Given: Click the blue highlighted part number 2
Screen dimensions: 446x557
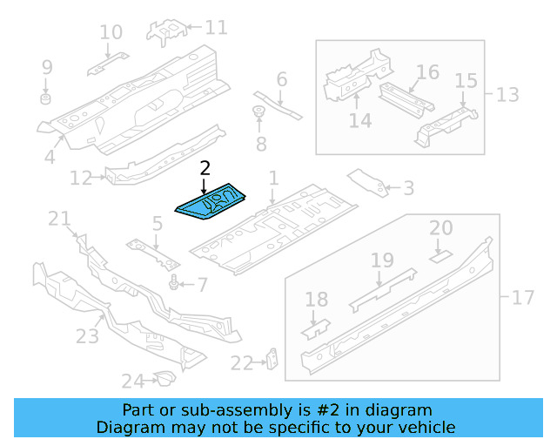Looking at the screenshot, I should tap(211, 204).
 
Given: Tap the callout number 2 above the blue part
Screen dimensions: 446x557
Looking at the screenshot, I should tap(205, 168).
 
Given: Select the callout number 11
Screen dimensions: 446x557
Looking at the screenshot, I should tap(215, 28).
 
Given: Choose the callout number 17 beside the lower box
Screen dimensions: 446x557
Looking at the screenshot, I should tap(522, 298).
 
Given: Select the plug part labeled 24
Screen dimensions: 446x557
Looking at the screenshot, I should tap(162, 378).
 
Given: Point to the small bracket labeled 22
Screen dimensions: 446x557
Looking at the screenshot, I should tap(272, 358).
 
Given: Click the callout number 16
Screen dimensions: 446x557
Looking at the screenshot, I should tap(426, 71).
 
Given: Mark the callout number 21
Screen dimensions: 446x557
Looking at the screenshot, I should tap(58, 219).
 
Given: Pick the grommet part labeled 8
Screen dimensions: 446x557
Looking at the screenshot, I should tap(258, 112).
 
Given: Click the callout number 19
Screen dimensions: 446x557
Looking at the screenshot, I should tap(383, 260).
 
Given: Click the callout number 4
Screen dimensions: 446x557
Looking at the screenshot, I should tap(50, 157).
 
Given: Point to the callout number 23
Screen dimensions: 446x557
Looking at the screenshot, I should tap(88, 334).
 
